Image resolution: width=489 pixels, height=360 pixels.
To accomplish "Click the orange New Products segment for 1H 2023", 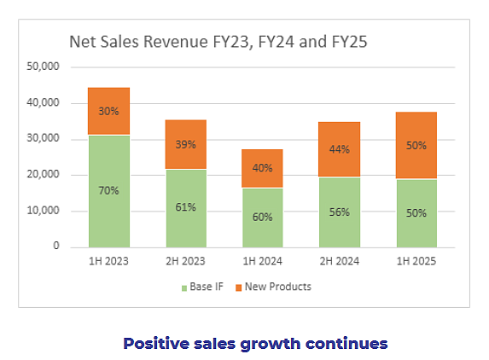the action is [109, 111].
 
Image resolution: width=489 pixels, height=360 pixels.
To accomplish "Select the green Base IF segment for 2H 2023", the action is [186, 208].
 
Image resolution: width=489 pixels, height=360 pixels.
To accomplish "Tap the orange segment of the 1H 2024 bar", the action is [262, 168].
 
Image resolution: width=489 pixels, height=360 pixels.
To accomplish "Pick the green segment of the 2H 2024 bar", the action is [340, 212].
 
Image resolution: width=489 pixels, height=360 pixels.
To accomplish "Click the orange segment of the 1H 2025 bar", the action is [416, 145].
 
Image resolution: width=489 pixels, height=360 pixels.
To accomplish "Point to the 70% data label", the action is [109, 190].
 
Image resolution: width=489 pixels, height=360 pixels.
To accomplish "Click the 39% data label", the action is [185, 145].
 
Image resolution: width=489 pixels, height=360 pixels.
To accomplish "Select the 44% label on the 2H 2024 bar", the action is [340, 149].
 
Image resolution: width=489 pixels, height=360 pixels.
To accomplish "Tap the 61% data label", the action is [185, 207].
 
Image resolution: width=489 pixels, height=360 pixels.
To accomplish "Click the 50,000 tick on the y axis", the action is [43, 67].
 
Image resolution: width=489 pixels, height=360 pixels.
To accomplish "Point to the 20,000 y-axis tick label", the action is [43, 174].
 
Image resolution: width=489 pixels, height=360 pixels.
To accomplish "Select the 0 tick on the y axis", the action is [56, 246].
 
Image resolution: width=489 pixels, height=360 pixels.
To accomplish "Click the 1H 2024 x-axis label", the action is [263, 261].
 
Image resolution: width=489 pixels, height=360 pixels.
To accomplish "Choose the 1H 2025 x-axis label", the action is [416, 261].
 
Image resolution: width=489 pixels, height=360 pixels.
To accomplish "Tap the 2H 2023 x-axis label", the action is [185, 261].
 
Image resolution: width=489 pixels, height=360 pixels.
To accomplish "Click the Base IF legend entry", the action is [202, 287].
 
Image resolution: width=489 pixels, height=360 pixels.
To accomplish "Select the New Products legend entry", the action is [273, 287].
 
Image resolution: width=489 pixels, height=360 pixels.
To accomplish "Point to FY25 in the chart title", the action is [349, 42].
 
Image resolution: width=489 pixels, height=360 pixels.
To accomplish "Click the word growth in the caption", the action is [270, 345].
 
